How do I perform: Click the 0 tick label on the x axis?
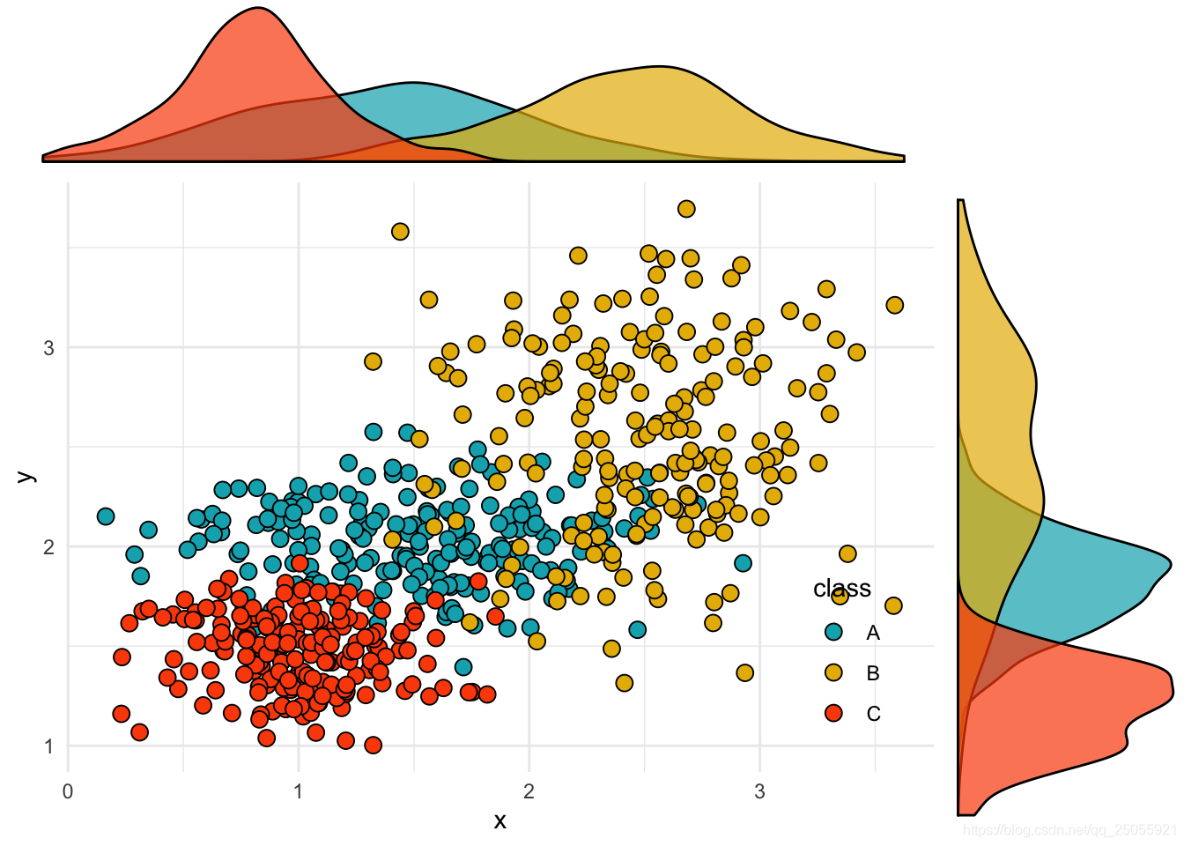[x=68, y=790]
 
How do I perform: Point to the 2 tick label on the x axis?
[x=529, y=790]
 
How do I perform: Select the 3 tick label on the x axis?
[x=759, y=790]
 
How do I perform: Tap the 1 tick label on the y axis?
[x=48, y=746]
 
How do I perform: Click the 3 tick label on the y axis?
[x=48, y=348]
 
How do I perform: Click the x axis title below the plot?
[x=499, y=821]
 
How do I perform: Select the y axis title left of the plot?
[x=26, y=476]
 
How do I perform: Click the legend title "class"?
[x=841, y=589]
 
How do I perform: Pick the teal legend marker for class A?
[x=833, y=633]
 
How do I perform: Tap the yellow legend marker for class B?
[x=833, y=673]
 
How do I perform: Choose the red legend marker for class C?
[x=833, y=714]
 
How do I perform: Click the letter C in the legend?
[x=873, y=714]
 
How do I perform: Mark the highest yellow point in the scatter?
[x=686, y=209]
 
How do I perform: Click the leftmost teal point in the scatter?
[x=106, y=516]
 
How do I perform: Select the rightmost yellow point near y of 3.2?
[x=894, y=305]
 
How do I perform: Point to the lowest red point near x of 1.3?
[x=373, y=746]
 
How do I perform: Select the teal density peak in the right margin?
[x=1170, y=562]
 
